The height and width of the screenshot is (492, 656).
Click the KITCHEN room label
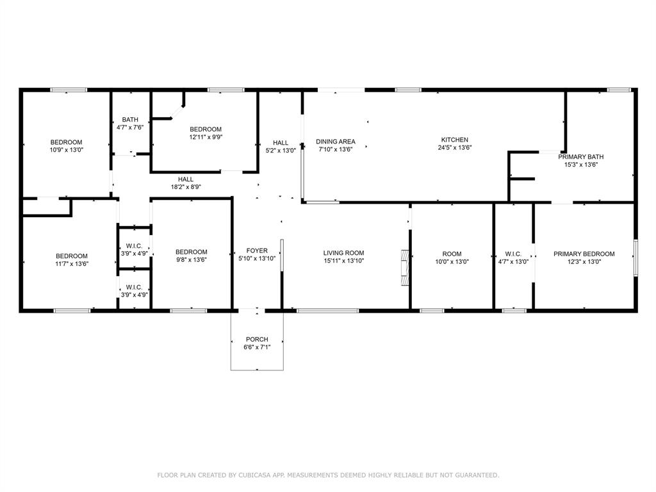[x=454, y=140]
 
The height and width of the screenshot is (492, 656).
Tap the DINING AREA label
[x=336, y=142]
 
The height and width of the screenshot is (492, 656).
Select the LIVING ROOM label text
[x=343, y=253]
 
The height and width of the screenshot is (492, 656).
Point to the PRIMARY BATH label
[x=580, y=157]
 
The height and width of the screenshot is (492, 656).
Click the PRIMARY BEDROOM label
[x=584, y=254]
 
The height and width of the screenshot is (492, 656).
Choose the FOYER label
[x=257, y=250]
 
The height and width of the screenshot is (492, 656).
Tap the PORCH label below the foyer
[x=257, y=340]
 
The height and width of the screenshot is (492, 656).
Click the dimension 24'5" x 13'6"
[x=454, y=147]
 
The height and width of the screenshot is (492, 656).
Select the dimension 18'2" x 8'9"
[x=186, y=187]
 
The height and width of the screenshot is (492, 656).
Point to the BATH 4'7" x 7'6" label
[x=130, y=123]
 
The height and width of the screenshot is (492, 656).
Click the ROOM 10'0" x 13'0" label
[x=452, y=258]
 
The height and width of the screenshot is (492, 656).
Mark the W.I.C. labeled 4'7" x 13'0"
[x=513, y=258]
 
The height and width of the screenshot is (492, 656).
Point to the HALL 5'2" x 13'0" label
[x=281, y=147]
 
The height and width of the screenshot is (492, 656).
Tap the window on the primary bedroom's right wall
[x=635, y=258]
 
